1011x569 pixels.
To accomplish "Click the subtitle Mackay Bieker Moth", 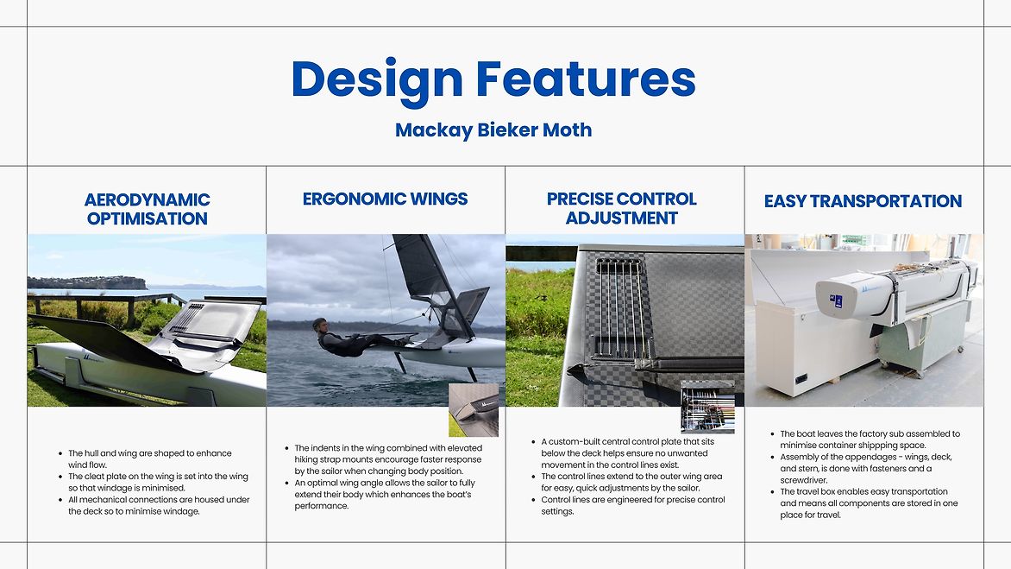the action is coord(493,130).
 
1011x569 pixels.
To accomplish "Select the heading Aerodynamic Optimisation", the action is coord(147,209).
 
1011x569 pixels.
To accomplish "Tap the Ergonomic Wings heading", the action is coord(385,199).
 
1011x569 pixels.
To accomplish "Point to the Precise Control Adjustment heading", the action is coord(622,208).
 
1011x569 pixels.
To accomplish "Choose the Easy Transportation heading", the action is coord(863,201).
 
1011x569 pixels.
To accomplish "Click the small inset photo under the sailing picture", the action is coord(474,410).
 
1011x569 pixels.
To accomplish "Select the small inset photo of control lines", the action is coord(707,407).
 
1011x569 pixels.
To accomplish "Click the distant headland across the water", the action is coord(87,282).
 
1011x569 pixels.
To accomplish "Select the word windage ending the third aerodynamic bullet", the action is coord(182,512).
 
